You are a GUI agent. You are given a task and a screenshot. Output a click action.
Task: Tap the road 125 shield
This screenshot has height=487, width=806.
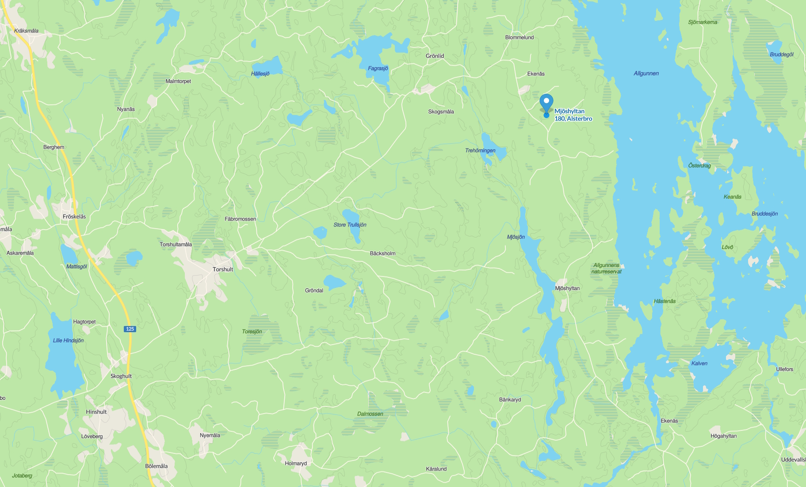(130, 329)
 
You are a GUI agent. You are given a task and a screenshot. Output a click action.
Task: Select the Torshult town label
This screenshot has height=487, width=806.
(222, 269)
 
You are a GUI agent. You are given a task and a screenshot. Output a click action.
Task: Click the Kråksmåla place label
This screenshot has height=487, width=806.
(26, 31)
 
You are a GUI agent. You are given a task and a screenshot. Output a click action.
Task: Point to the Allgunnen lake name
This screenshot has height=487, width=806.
(646, 73)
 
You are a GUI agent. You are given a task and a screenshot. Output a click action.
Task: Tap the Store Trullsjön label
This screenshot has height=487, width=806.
(350, 225)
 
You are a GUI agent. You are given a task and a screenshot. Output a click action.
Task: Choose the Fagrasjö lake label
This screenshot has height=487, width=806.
(378, 68)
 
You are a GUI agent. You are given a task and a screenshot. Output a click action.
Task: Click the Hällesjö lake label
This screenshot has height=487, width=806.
(260, 73)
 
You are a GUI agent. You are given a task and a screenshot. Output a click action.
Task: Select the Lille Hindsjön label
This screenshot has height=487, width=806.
(68, 341)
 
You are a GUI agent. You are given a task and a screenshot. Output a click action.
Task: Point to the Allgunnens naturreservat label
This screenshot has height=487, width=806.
(606, 268)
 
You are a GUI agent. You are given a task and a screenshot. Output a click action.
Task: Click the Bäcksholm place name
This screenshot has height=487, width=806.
(382, 253)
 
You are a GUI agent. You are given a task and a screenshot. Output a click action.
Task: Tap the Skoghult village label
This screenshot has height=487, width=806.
(121, 376)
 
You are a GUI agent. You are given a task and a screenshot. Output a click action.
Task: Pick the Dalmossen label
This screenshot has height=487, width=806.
(370, 414)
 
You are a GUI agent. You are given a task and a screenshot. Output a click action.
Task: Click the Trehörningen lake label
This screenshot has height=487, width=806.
(480, 151)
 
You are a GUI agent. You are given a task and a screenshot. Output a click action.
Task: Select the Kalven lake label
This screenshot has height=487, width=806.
(699, 364)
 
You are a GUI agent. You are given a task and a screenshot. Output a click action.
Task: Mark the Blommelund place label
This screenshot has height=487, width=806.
(520, 38)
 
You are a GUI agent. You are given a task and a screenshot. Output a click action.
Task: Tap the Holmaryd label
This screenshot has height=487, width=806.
(296, 464)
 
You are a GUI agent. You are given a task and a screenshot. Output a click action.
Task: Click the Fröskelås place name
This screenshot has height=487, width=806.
(74, 217)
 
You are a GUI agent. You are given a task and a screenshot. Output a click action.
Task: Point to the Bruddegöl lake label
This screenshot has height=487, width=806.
(781, 55)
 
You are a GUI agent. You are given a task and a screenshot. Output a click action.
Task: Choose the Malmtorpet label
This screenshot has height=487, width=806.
(178, 81)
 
